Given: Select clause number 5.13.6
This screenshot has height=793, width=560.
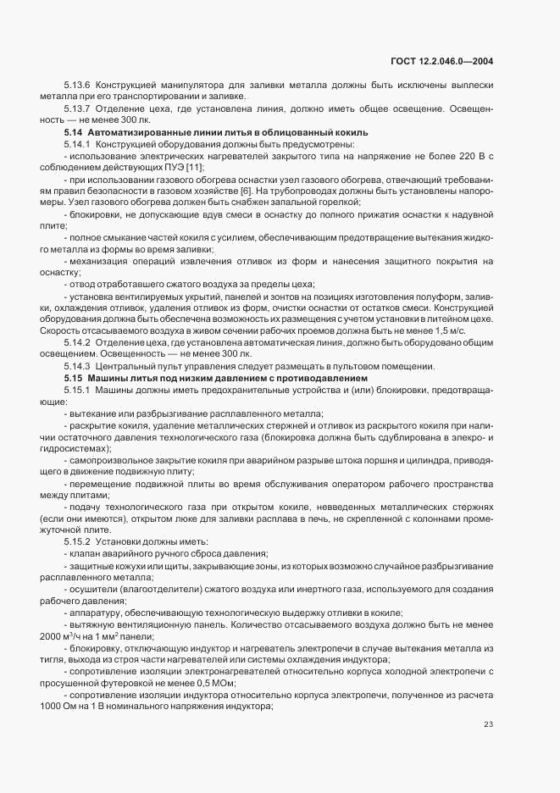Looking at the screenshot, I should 77,87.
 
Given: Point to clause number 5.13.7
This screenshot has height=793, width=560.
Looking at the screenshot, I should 77,109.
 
